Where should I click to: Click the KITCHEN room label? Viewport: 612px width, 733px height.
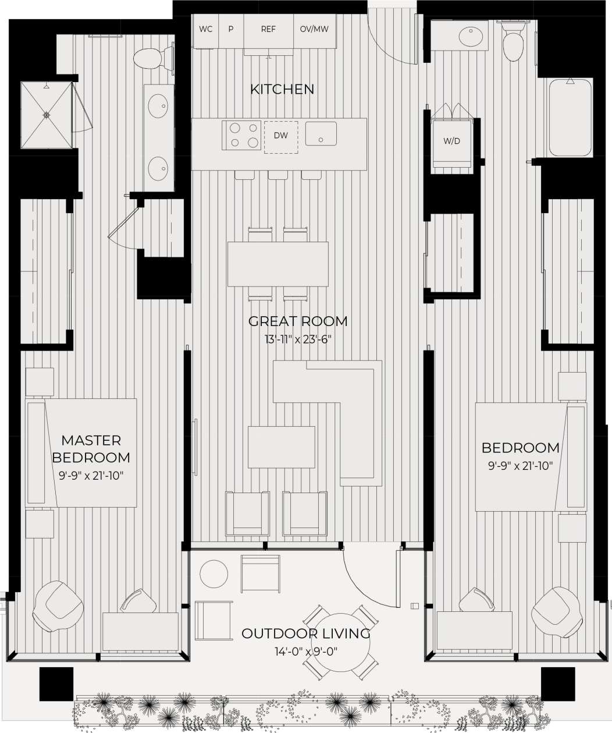(282, 89)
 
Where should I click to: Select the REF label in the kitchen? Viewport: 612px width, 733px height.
(268, 29)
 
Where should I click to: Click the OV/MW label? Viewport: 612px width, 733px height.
(314, 29)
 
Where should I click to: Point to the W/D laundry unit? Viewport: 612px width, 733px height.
(451, 141)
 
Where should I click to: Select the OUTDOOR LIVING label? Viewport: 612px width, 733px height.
(306, 633)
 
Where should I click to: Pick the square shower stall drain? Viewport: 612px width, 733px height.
(47, 115)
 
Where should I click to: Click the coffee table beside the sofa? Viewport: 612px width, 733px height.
(282, 447)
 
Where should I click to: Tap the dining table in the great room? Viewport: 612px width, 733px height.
(277, 264)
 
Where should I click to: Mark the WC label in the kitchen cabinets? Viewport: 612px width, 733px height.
(205, 29)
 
